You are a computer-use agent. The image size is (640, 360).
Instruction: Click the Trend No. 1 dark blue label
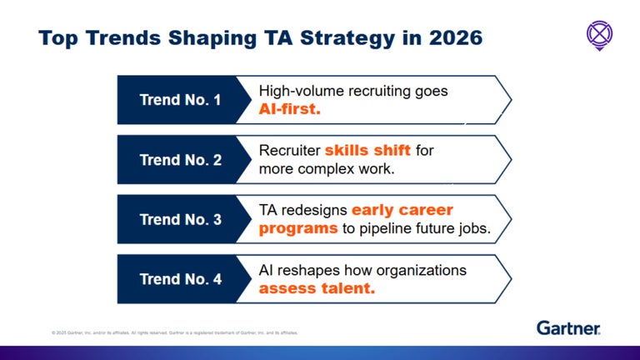(180, 100)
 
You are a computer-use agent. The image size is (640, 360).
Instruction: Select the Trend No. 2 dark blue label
(180, 160)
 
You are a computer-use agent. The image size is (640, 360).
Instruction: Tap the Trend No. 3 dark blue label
(180, 220)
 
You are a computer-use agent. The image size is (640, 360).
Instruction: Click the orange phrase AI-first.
(289, 109)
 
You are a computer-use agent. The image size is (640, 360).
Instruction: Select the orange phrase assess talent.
(317, 289)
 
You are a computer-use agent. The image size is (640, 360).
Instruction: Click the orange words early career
(402, 210)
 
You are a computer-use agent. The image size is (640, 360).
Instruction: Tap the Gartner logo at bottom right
(568, 327)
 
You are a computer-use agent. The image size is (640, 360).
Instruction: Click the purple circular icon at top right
(599, 34)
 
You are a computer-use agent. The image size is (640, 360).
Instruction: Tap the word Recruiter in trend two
(289, 151)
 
